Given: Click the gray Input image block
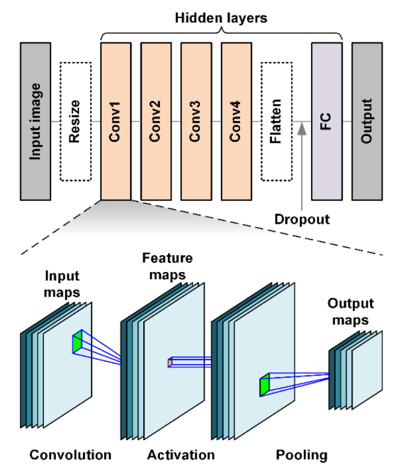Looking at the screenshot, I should click(36, 121).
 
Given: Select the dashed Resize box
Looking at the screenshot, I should click(75, 121).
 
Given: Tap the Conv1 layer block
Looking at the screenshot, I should click(116, 121).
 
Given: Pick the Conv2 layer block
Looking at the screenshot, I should click(156, 121).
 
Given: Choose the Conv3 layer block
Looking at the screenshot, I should click(196, 121).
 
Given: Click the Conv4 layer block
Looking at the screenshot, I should click(236, 121).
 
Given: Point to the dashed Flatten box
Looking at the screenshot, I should click(276, 121).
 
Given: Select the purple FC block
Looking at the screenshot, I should click(327, 121).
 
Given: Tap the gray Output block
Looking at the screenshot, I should click(367, 121).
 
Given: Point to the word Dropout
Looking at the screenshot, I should click(302, 219).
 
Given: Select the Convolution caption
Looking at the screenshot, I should click(70, 454).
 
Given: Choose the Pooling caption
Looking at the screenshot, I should click(302, 454).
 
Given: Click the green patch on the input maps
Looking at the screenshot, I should click(76, 342).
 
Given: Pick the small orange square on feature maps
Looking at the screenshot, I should click(170, 363).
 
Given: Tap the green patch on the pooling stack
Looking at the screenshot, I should click(264, 385).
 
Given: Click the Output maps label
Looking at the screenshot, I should click(351, 312).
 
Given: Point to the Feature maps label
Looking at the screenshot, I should click(167, 267).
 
